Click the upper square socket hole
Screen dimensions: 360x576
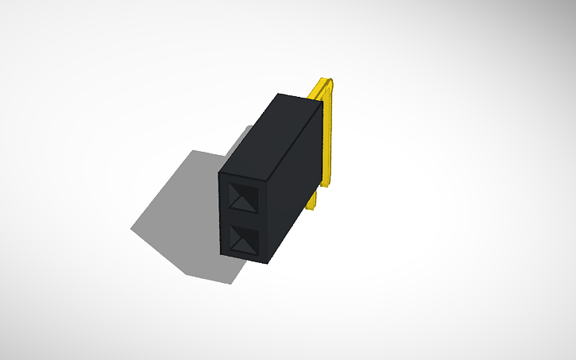pyautogui.click(x=243, y=196)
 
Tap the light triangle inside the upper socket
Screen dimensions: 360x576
pyautogui.click(x=243, y=203)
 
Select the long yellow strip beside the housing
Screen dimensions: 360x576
pyautogui.click(x=328, y=135)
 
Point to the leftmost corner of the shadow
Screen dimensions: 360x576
pyautogui.click(x=131, y=229)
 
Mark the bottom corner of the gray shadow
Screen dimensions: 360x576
pyautogui.click(x=230, y=284)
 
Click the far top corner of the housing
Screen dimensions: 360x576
pyautogui.click(x=279, y=94)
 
